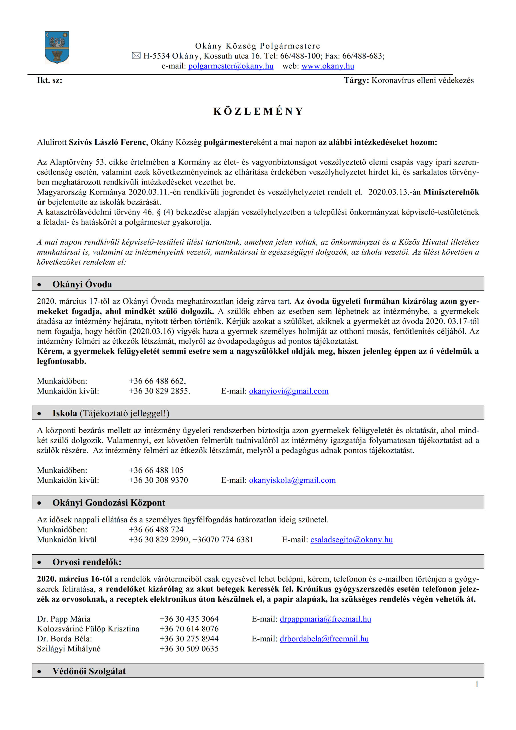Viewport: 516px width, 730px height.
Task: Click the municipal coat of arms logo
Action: [57, 47]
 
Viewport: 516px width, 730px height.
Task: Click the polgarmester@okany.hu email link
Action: [231, 66]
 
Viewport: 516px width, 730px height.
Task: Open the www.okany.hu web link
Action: [328, 66]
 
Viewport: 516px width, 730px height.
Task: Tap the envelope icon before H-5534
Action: [136, 56]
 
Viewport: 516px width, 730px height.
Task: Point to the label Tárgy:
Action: [356, 80]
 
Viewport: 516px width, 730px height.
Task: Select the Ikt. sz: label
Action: [50, 80]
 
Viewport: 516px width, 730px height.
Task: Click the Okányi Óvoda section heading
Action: [82, 284]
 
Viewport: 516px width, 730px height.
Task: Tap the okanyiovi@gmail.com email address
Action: [289, 391]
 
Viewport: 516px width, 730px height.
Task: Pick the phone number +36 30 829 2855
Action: [159, 391]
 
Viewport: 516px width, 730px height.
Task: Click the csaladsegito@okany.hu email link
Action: [351, 539]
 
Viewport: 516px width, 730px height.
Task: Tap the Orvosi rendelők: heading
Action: [87, 562]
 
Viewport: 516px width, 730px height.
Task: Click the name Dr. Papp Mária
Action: [64, 619]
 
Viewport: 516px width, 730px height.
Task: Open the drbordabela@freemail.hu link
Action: [324, 639]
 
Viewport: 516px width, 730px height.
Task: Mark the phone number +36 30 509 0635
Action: [189, 649]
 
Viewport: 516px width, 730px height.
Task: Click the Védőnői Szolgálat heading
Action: [89, 671]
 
